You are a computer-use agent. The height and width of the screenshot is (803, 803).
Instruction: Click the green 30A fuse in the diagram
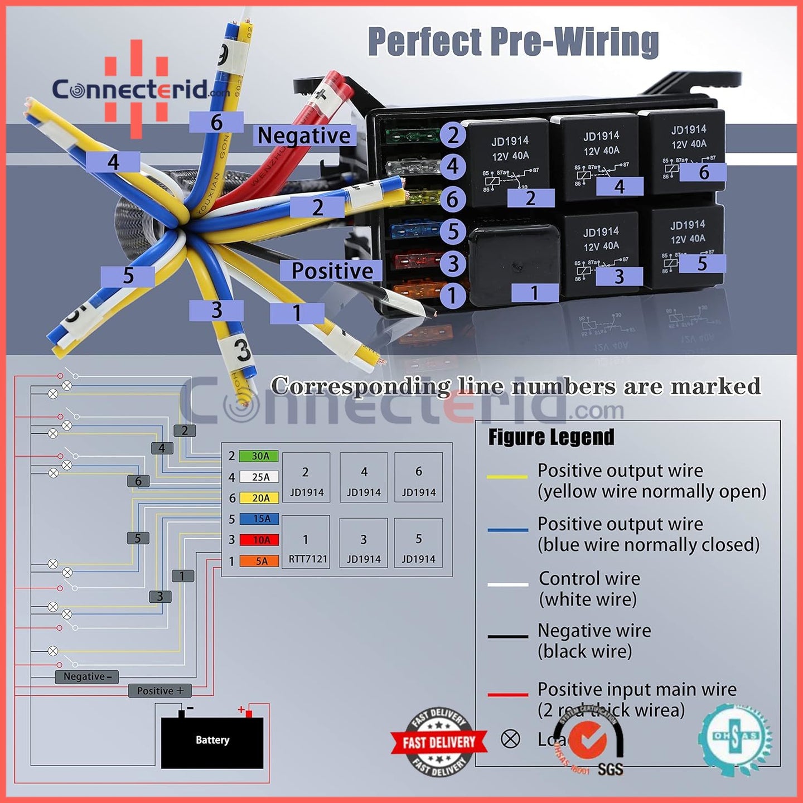259,456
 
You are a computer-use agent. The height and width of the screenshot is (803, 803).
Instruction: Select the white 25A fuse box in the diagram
259,477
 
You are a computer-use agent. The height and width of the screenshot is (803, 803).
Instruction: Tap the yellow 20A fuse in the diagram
259,498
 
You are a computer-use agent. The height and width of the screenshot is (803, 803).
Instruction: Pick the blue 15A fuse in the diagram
259,519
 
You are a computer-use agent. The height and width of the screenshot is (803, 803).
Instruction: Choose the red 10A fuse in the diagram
259,540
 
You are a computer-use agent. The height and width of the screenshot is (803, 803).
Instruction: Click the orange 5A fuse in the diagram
259,561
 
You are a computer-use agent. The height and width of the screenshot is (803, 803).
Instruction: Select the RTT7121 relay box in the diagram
306,543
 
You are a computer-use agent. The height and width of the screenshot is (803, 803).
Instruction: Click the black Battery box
212,742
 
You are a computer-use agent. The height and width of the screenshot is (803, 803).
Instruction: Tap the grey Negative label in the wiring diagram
87,676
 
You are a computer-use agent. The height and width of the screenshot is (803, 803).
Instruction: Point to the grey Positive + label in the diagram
160,690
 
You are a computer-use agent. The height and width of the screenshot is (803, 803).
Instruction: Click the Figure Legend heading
551,437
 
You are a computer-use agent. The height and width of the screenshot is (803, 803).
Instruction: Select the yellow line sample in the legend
507,477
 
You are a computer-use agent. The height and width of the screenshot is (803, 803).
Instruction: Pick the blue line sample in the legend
507,530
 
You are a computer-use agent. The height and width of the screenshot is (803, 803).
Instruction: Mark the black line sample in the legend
507,636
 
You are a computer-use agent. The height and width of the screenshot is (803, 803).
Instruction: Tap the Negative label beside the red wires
304,136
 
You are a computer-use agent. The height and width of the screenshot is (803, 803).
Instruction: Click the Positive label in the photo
332,271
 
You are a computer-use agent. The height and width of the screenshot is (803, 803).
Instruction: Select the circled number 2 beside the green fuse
453,135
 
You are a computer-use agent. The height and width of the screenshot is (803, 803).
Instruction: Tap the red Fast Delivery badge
439,742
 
